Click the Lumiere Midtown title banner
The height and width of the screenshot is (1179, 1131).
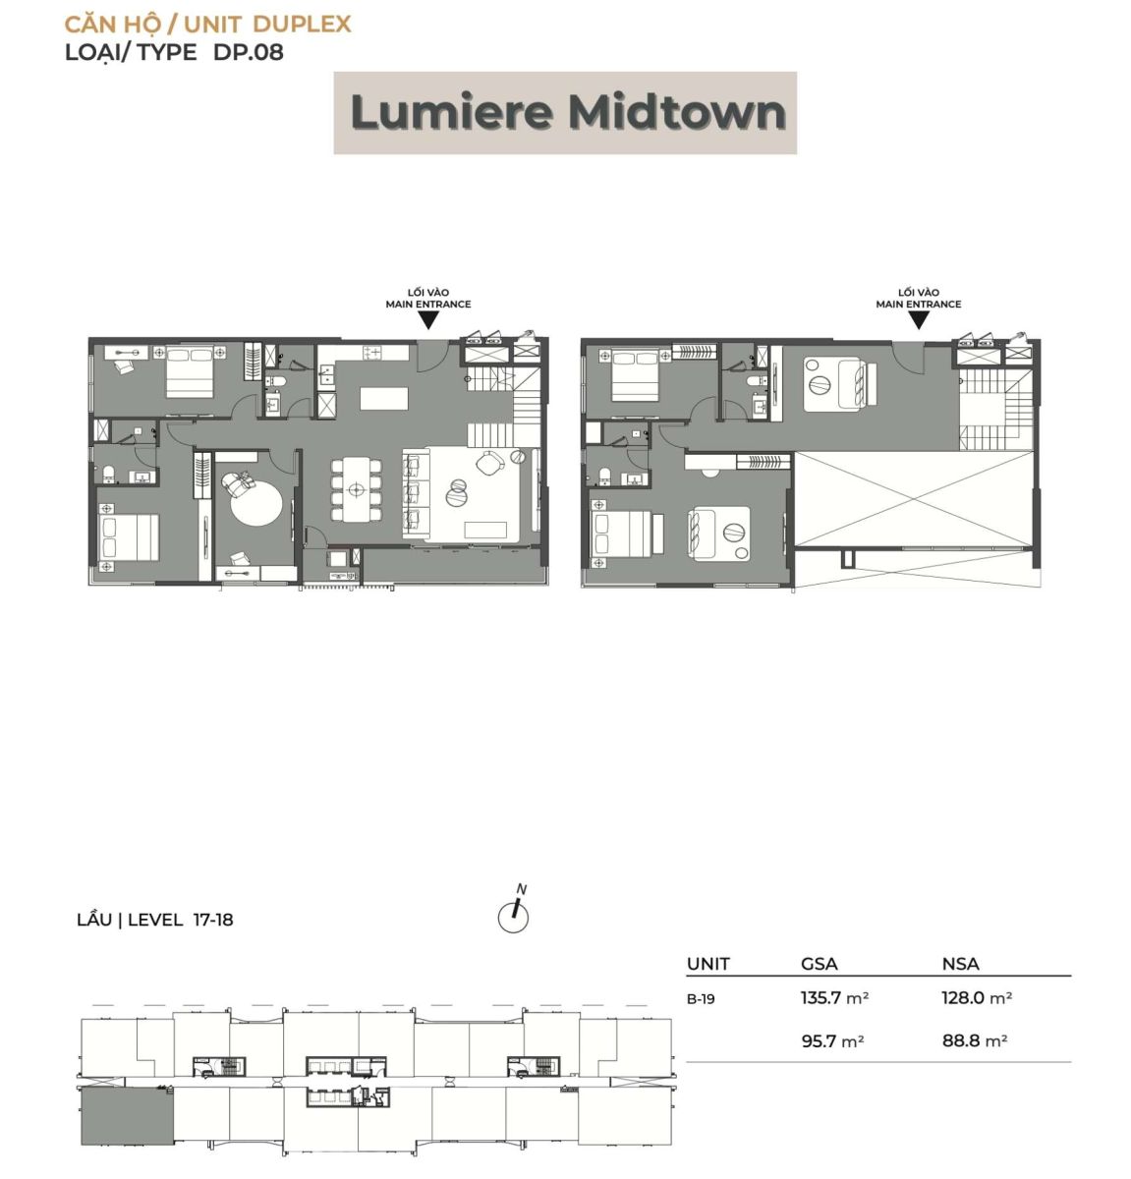click(565, 113)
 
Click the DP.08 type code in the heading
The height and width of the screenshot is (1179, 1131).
click(249, 52)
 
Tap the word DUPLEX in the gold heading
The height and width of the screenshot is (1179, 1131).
click(302, 25)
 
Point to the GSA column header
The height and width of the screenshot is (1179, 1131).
click(820, 964)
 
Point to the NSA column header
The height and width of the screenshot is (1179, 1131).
click(960, 964)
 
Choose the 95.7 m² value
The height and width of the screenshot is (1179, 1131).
click(832, 1040)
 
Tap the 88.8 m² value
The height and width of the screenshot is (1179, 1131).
click(974, 1040)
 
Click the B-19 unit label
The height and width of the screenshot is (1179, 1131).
click(701, 999)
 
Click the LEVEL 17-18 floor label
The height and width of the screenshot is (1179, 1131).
click(180, 921)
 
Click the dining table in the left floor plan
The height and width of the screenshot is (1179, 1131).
click(357, 489)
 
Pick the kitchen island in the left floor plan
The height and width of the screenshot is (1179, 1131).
click(384, 399)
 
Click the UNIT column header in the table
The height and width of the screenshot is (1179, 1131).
click(708, 964)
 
